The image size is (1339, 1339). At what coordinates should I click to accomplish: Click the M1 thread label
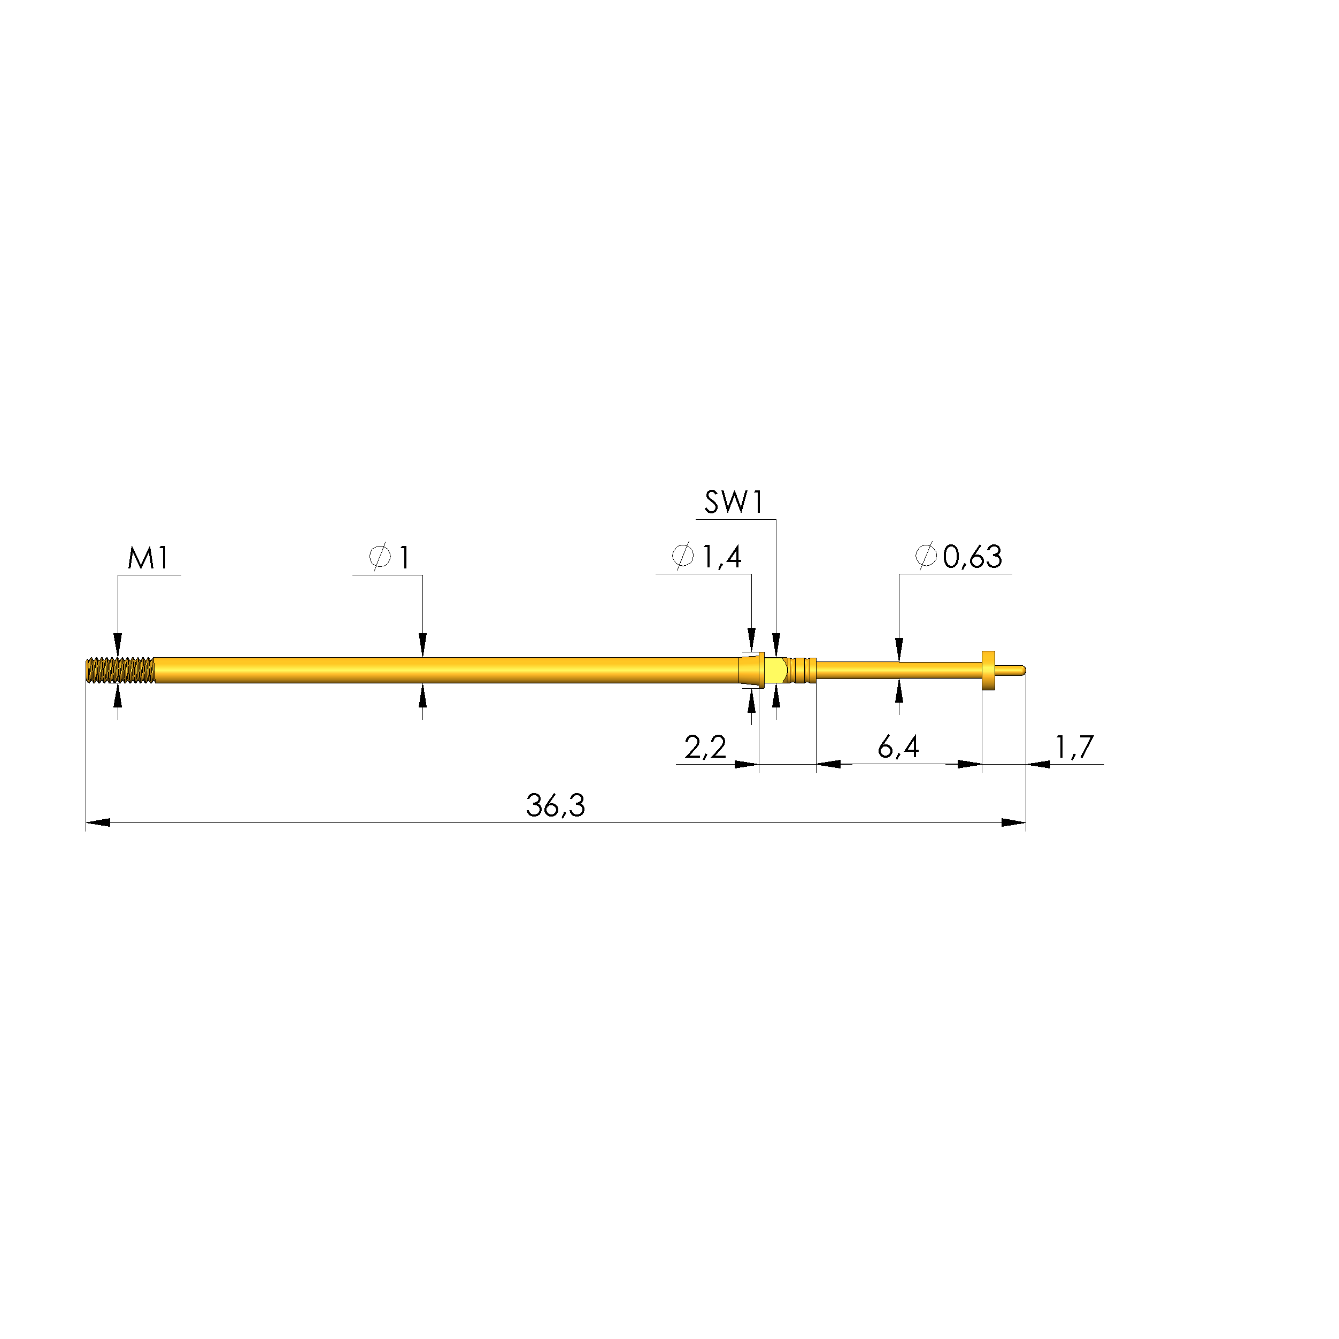coord(148,559)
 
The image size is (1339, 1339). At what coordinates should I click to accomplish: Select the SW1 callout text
coord(734,503)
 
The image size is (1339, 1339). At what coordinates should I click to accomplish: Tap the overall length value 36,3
coord(555,805)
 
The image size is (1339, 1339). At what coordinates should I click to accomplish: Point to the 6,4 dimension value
coord(898,747)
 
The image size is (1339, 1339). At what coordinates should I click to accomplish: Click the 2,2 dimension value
coord(705,747)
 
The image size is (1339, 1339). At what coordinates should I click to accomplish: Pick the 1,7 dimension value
coord(1074,747)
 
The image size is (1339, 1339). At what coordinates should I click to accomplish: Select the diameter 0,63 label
coord(958,557)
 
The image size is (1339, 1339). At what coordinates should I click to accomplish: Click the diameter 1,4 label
coord(707,557)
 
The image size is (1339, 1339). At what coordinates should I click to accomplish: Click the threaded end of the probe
coord(120,670)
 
